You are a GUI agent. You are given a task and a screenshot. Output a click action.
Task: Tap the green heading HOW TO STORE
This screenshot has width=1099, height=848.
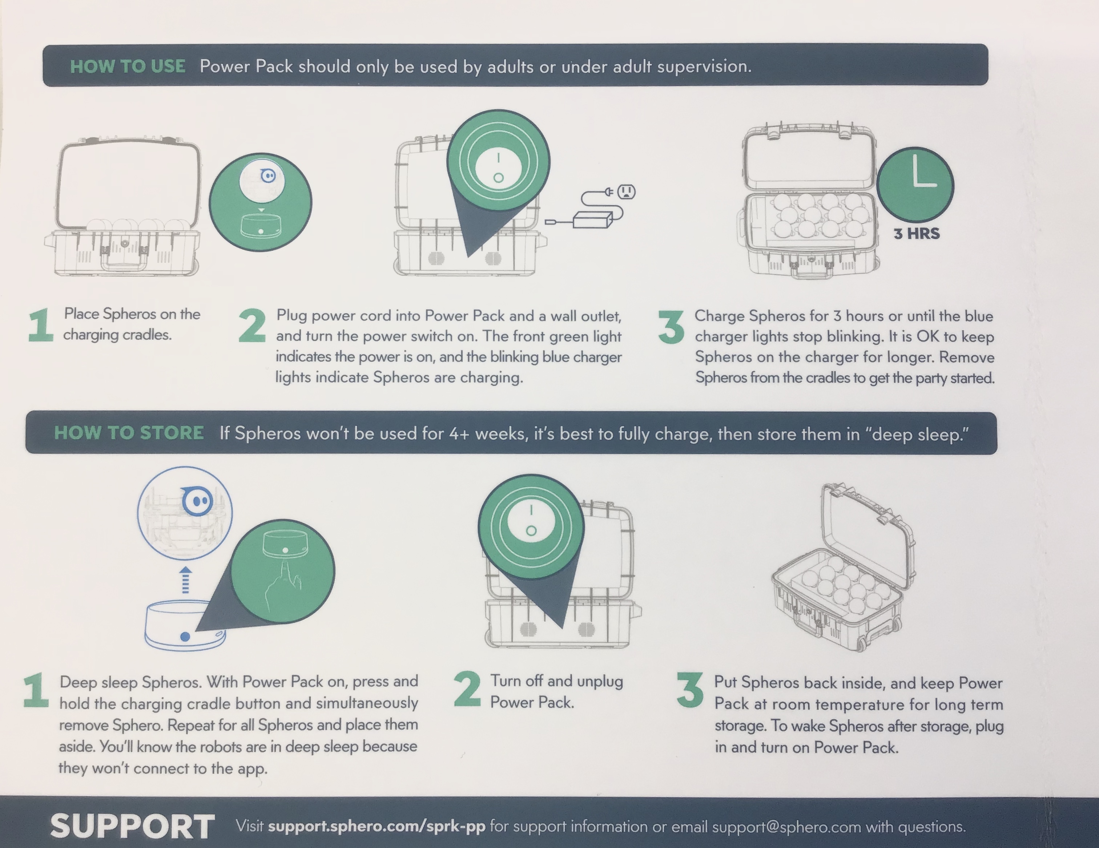[129, 433]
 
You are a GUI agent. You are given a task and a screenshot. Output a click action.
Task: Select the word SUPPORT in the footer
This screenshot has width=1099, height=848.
[132, 826]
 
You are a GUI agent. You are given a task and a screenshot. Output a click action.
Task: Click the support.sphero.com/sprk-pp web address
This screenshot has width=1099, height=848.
[377, 826]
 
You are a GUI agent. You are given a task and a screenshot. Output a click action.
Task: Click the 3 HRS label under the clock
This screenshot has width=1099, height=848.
[916, 233]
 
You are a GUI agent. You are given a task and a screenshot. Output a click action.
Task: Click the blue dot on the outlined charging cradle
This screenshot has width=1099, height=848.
[185, 637]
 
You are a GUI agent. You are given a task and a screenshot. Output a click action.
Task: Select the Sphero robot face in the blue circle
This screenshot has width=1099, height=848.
[198, 501]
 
